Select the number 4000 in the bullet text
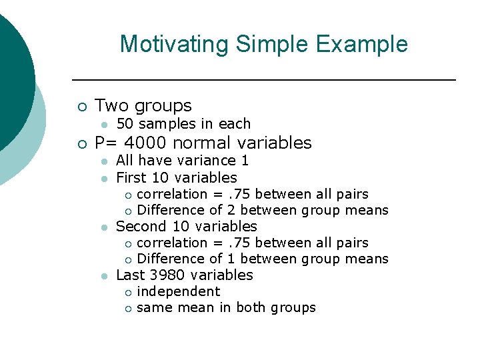point(145,143)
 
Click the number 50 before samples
point(125,124)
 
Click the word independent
point(178,291)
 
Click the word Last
point(130,275)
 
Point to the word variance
point(207,161)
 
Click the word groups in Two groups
point(163,106)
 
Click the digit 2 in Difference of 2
point(232,210)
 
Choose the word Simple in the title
point(271,45)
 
